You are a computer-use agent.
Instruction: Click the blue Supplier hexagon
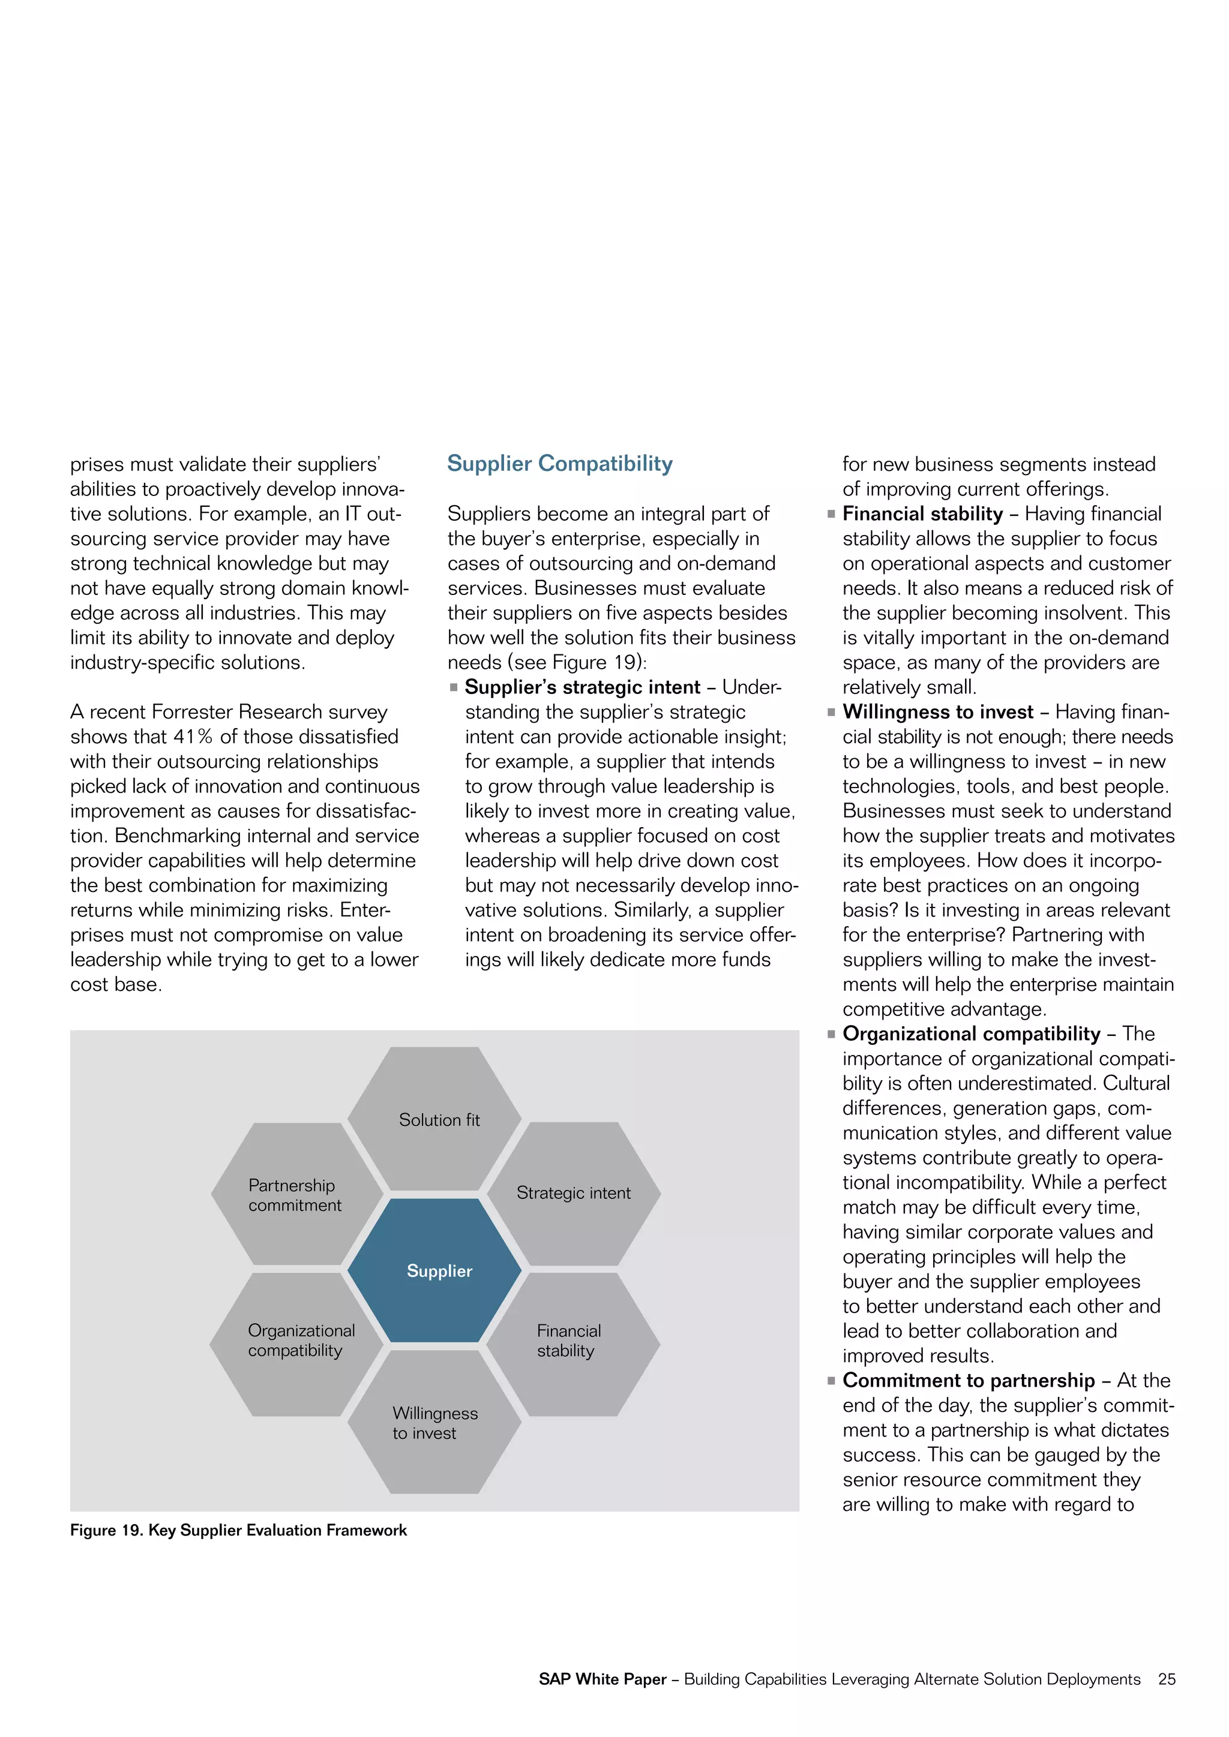pos(434,1270)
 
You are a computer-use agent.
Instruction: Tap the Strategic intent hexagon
pos(574,1193)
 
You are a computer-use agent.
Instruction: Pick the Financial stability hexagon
pos(573,1344)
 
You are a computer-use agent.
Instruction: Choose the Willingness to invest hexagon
pos(434,1422)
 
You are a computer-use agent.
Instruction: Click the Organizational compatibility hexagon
pos(296,1344)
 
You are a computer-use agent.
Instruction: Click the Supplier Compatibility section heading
pos(559,463)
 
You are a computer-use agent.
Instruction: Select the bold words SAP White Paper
pos(602,1679)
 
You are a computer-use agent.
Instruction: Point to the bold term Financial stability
pos(922,513)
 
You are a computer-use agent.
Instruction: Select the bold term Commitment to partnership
pos(968,1380)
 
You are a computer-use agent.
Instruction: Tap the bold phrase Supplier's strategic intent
pos(582,687)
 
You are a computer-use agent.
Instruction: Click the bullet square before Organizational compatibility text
pos(831,1034)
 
